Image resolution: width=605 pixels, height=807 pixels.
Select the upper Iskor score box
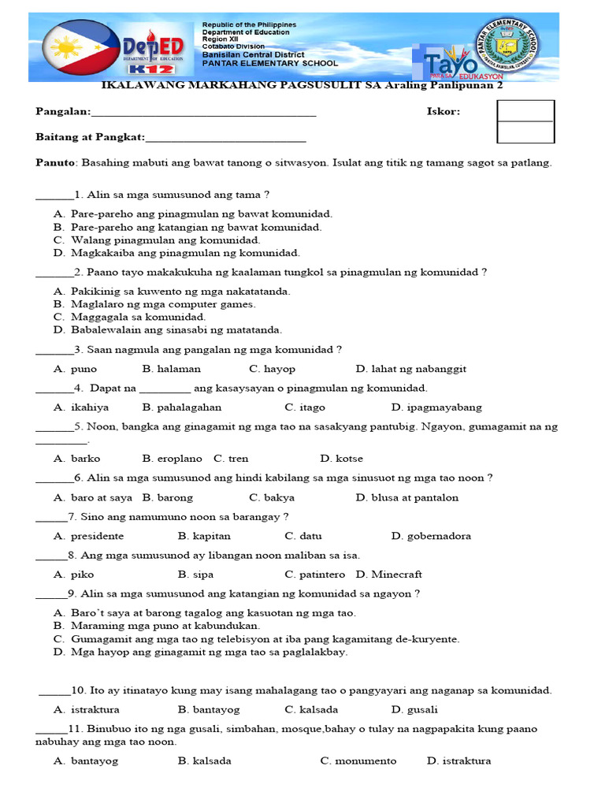point(525,110)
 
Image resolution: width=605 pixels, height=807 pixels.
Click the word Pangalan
point(63,112)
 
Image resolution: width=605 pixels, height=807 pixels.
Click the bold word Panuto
point(54,163)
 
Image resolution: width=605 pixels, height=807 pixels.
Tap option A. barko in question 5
point(77,458)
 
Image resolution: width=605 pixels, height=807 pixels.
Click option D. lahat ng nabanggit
point(410,368)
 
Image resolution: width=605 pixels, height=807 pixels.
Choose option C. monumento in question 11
point(358,761)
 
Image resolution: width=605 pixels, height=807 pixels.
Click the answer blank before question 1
point(54,195)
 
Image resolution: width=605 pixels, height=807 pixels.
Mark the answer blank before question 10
point(54,691)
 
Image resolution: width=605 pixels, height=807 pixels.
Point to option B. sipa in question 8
point(196,575)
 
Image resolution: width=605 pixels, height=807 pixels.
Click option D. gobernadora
point(431,536)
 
